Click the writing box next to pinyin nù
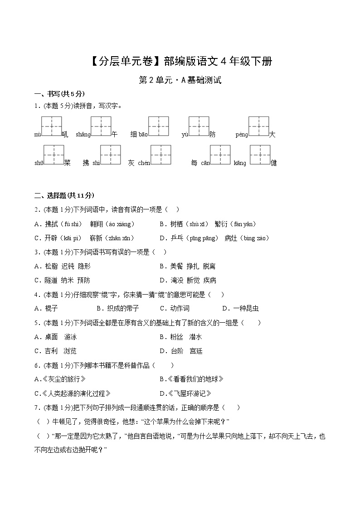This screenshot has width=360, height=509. pyautogui.click(x=51, y=126)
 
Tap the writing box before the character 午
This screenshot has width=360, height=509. pyautogui.click(x=101, y=126)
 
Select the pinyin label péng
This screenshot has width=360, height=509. pyautogui.click(x=242, y=135)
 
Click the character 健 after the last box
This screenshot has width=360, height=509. pyautogui.click(x=273, y=163)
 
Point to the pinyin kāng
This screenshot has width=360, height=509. pyautogui.click(x=240, y=163)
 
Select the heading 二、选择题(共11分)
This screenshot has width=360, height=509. pyautogui.click(x=64, y=195)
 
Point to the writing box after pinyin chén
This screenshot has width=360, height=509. pyautogui.click(x=161, y=155)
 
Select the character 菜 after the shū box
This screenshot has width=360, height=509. pyautogui.click(x=67, y=163)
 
